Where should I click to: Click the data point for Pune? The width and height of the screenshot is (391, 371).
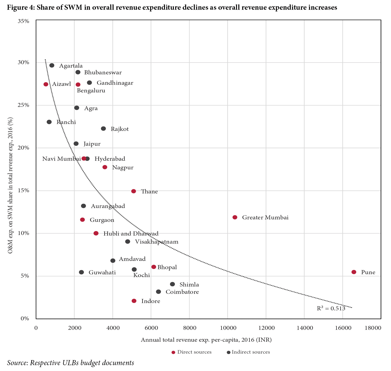[x=354, y=272]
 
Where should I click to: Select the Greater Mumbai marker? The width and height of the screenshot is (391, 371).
[x=235, y=217]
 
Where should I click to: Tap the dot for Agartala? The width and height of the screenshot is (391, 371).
[x=52, y=66]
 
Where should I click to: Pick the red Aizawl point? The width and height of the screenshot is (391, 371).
[x=46, y=84]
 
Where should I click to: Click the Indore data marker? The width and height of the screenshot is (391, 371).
[x=134, y=301]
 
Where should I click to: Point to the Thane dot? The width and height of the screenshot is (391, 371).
[x=133, y=191]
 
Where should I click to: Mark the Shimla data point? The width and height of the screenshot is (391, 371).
[x=172, y=284]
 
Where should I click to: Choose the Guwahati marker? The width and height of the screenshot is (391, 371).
[x=81, y=272]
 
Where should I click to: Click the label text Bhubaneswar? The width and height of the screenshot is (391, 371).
[x=103, y=73]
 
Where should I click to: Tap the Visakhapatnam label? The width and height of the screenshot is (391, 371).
[x=157, y=242]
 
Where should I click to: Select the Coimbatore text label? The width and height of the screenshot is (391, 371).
[x=182, y=292]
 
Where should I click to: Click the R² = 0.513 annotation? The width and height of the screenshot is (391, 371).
[x=331, y=309]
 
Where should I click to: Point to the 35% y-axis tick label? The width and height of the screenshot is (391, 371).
[x=23, y=21]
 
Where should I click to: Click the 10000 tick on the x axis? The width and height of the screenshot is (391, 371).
[x=228, y=328]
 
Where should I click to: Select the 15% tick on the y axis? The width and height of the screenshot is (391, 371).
[x=23, y=191]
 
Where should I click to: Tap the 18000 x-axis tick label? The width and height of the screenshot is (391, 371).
[x=373, y=328]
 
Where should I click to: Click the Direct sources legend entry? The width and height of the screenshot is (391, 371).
[x=192, y=352]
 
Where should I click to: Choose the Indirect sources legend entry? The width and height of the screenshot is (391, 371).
[x=248, y=352]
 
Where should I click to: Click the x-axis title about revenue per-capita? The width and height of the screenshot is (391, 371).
[x=206, y=340]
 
